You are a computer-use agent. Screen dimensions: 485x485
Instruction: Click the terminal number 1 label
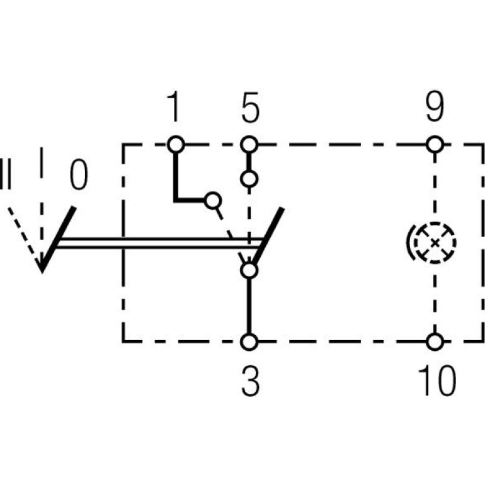click(174, 106)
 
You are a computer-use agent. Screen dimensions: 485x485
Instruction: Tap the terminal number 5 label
click(250, 107)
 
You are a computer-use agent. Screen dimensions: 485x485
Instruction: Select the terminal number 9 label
click(435, 106)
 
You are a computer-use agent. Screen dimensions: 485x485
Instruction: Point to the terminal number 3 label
click(250, 380)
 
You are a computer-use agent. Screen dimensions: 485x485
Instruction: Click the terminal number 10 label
click(437, 380)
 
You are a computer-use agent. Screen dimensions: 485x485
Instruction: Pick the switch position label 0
click(79, 174)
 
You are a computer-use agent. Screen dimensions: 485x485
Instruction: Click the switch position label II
click(5, 174)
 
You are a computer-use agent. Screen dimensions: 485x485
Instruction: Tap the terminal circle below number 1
click(176, 144)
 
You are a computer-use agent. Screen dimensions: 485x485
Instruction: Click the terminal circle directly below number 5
click(249, 144)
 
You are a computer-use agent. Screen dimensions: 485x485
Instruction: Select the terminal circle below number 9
click(435, 144)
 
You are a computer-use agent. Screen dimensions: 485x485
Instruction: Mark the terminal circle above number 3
click(249, 342)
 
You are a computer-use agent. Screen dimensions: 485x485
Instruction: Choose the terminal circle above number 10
click(435, 342)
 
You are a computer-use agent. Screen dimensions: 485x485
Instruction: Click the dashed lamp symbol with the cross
click(435, 243)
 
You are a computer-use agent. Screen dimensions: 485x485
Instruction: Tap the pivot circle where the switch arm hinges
click(249, 270)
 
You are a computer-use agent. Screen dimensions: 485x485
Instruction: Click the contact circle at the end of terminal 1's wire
click(213, 200)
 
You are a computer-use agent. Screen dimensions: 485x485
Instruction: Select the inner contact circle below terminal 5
click(249, 179)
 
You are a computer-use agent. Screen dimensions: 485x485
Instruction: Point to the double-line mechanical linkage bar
click(159, 243)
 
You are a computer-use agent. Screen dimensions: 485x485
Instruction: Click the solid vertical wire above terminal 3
click(249, 306)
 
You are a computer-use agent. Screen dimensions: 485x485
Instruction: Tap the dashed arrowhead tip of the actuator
click(42, 271)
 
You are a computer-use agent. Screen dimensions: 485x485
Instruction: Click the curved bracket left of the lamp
click(408, 243)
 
